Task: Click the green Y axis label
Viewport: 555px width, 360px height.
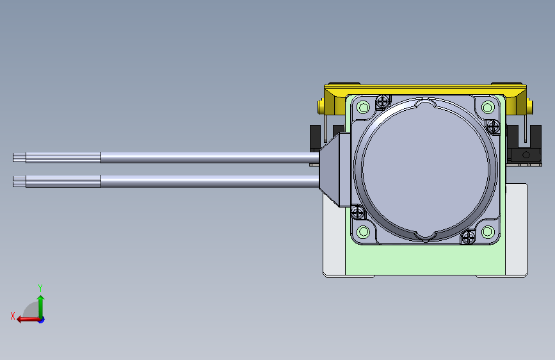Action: pyautogui.click(x=40, y=288)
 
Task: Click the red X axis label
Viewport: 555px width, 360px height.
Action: pyautogui.click(x=12, y=315)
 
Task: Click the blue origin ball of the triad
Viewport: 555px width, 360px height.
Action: pyautogui.click(x=41, y=319)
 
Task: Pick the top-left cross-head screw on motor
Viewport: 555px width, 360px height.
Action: pyautogui.click(x=383, y=101)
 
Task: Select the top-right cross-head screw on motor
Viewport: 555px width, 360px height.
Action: pyautogui.click(x=493, y=126)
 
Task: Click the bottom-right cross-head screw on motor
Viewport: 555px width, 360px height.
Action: pyautogui.click(x=468, y=238)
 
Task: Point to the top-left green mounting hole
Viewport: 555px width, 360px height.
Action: pyautogui.click(x=363, y=107)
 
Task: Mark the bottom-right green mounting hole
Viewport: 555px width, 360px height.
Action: pyautogui.click(x=488, y=231)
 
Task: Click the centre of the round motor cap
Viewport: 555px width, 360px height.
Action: pyautogui.click(x=426, y=170)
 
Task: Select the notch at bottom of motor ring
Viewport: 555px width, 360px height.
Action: pyautogui.click(x=426, y=238)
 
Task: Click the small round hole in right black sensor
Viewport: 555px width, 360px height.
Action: pyautogui.click(x=526, y=156)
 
